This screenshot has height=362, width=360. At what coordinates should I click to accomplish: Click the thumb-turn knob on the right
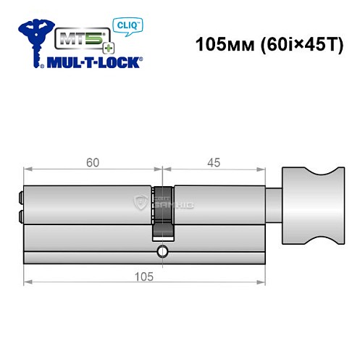coord(305,205)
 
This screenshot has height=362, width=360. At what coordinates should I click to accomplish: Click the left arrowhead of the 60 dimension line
coord(28,172)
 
